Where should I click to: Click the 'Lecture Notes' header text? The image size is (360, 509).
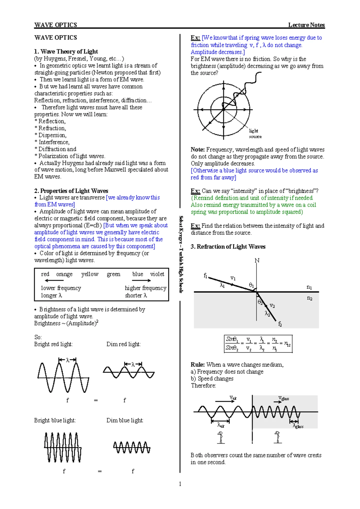[306, 25]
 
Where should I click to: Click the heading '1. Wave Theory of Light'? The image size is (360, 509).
[66, 52]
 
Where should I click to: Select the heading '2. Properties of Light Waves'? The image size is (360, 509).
[71, 191]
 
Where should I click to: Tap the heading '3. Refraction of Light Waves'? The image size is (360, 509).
[228, 247]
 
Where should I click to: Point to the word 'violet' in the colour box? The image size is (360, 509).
[157, 274]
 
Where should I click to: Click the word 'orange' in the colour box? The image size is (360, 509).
[64, 275]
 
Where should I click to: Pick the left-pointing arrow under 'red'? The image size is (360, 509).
[54, 280]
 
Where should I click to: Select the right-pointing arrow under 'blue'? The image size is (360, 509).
[142, 280]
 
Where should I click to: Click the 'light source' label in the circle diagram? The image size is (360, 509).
[255, 134]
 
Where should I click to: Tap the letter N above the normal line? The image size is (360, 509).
[257, 260]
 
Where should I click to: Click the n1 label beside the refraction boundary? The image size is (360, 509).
[309, 287]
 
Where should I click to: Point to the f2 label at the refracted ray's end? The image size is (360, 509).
[280, 324]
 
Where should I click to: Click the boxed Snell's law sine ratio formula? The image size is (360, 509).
[258, 344]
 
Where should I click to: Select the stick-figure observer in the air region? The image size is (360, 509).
[220, 437]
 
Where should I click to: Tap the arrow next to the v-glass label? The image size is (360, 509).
[277, 402]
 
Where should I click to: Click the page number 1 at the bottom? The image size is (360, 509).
[180, 484]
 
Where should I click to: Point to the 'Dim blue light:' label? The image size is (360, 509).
[125, 421]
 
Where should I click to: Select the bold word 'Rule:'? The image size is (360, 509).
[198, 365]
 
